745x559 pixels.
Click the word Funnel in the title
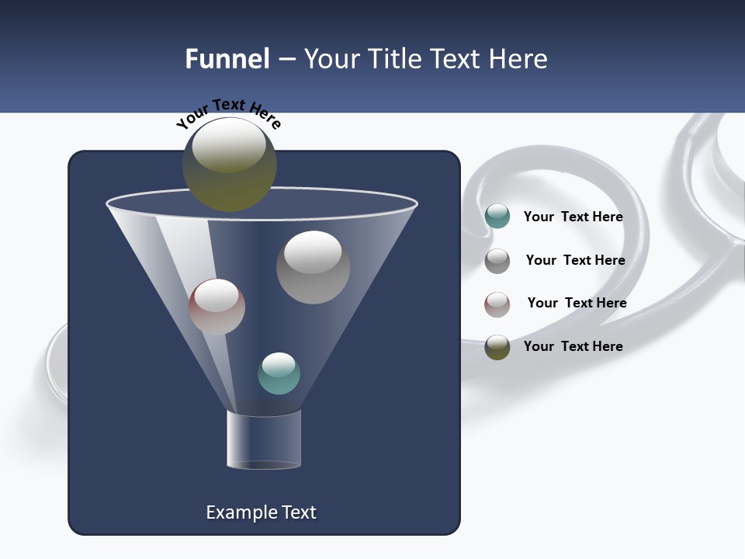(227, 59)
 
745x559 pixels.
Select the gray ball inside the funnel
(313, 268)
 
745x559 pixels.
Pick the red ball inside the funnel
(217, 307)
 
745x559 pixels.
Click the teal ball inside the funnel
(279, 373)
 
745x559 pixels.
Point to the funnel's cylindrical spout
(264, 439)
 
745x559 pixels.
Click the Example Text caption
(261, 512)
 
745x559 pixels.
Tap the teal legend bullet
(497, 217)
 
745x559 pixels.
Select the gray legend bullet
(497, 261)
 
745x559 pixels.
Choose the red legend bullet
(497, 304)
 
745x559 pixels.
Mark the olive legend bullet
(497, 347)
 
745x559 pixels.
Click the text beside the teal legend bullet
(573, 217)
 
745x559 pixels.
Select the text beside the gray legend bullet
(575, 260)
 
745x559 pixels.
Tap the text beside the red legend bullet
(577, 303)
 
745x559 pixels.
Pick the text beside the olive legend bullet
(573, 346)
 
